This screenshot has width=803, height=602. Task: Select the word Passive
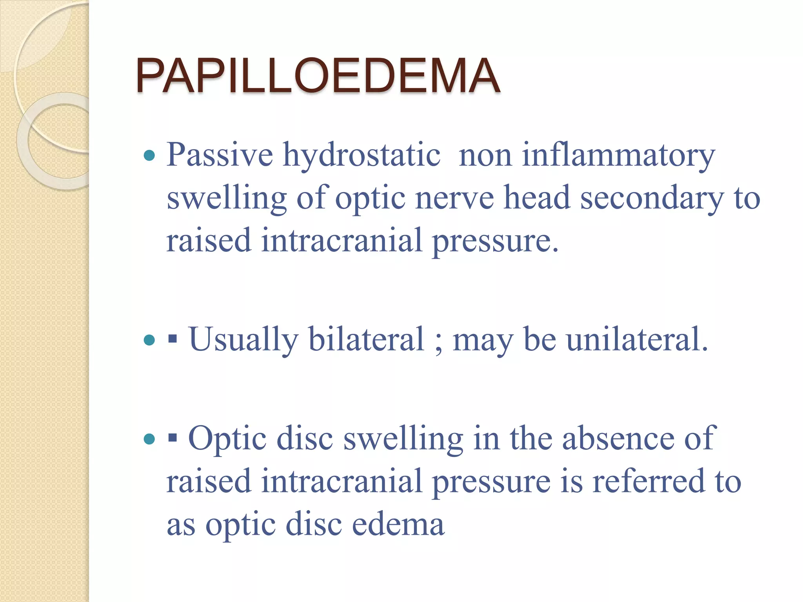pos(220,155)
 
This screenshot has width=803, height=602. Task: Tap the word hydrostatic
pos(362,155)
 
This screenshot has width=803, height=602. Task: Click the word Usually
pos(243,339)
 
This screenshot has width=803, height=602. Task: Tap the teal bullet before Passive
pos(149,156)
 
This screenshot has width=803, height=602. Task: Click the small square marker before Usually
pos(172,339)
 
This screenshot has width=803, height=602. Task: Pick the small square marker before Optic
pos(172,439)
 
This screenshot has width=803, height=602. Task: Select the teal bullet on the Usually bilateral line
pos(149,339)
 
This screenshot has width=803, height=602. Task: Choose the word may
pos(483,340)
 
